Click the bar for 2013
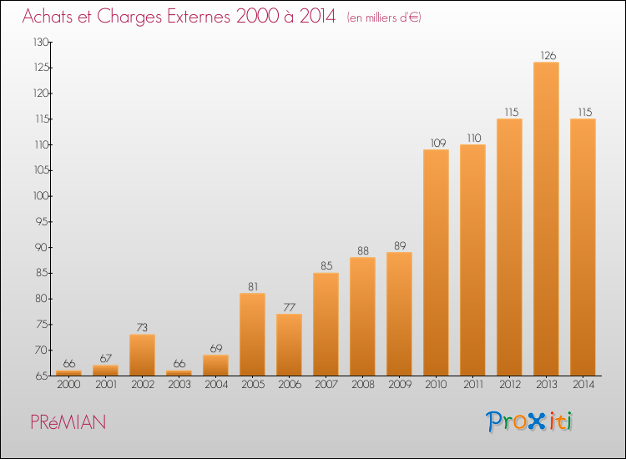pos(546,219)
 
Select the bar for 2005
pos(252,335)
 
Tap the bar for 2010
pos(436,263)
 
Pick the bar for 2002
pos(142,355)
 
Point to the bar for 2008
pos(362,316)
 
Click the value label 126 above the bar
pos(548,55)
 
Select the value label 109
pos(438,143)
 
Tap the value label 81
pos(253,286)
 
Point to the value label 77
pos(290,307)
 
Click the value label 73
pos(142,328)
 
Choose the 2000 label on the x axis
pos(68,385)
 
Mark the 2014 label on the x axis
pos(583,385)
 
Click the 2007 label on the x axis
pos(326,385)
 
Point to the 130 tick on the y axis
pos(41,43)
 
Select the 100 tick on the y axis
pos(41,196)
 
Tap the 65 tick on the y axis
pos(42,376)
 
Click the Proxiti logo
pos(529,421)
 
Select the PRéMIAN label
pos(68,422)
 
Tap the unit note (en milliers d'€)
pos(384,18)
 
